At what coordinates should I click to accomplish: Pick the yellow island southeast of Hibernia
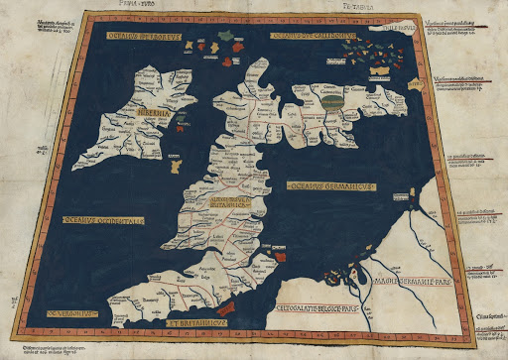(176, 159)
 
